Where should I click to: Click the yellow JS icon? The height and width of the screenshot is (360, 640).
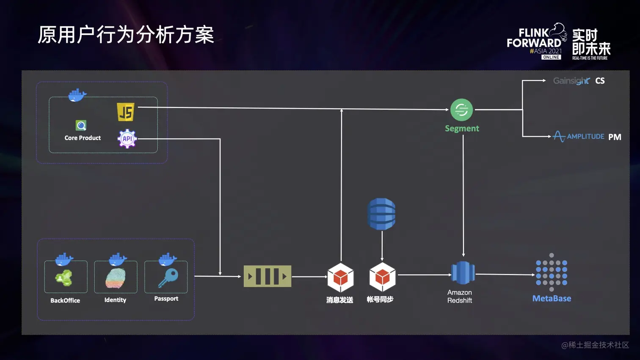[x=126, y=112]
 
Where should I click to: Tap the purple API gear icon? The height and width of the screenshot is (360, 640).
[x=127, y=138]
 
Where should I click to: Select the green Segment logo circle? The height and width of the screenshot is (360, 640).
[x=461, y=110]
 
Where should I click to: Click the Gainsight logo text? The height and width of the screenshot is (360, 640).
[x=571, y=81]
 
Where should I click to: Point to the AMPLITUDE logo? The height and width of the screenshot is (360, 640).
[x=579, y=136]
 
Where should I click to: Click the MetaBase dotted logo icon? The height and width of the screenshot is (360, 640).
[x=552, y=272]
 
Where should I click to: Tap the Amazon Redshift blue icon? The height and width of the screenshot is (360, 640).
[x=463, y=272]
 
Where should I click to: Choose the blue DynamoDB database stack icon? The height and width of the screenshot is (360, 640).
[x=381, y=214]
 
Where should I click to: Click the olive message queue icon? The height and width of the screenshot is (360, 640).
[x=268, y=276]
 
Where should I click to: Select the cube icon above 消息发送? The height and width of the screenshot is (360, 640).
[x=340, y=278]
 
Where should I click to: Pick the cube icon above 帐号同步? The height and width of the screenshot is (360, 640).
[x=382, y=277]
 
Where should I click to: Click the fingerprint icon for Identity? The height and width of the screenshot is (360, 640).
[x=116, y=278]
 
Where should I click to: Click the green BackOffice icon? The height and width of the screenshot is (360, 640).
[x=64, y=278]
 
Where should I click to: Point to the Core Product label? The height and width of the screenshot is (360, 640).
[x=83, y=138]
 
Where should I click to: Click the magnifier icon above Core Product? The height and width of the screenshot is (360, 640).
[x=81, y=126]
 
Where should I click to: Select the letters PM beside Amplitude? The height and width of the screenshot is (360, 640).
[x=615, y=137]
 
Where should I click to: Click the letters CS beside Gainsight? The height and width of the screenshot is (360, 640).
[x=600, y=81]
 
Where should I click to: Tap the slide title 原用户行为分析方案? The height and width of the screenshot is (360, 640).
[x=126, y=35]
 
